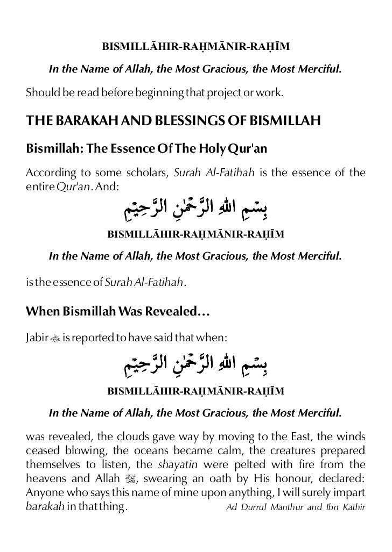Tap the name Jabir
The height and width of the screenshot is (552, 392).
(37, 337)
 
